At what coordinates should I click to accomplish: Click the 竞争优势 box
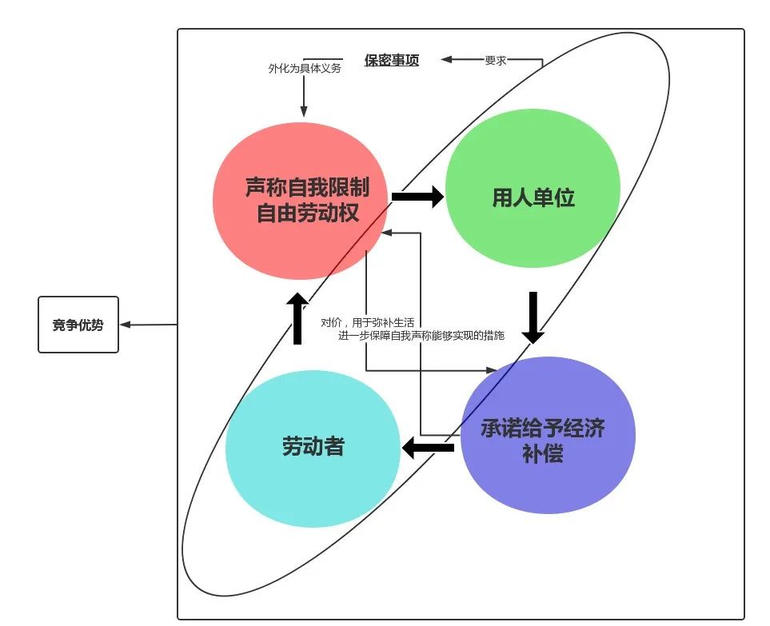point(78,325)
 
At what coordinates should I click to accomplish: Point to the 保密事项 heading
point(391,60)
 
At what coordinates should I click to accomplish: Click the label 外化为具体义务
point(305,69)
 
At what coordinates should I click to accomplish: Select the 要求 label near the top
point(495,60)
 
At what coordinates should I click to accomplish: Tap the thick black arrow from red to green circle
point(418,196)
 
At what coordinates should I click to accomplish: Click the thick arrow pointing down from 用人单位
point(532,317)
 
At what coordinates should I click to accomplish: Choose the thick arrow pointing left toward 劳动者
point(428,448)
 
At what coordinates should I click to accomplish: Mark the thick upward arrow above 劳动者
point(297,317)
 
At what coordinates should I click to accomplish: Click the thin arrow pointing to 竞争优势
point(148,325)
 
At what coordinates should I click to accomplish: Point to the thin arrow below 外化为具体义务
point(304,100)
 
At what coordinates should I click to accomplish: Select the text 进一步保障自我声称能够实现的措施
point(421,336)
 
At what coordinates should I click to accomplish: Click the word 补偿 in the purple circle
point(542,453)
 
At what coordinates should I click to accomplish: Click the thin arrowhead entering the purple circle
point(491,371)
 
